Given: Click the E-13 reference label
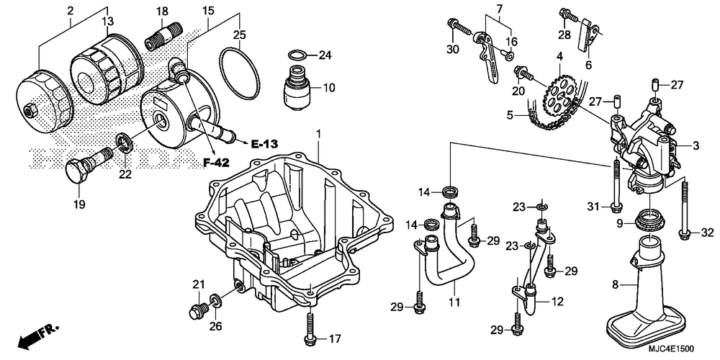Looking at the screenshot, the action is coord(264,144).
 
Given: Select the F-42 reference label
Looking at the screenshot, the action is coord(216,162).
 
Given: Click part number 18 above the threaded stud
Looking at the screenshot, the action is coord(162,12).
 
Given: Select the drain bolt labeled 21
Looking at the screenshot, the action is coord(197,311).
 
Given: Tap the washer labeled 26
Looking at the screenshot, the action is coord(215,301).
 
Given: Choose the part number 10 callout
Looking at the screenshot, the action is coord(329,87).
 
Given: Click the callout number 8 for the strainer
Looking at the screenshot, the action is coord(616,284).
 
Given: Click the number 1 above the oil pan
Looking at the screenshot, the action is coord(318,134).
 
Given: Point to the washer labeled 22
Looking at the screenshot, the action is coord(125,143).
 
